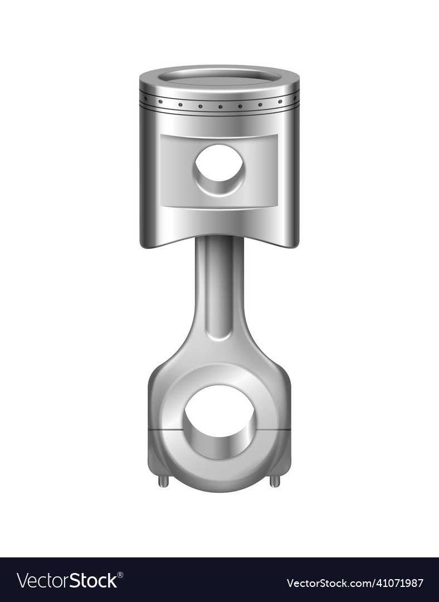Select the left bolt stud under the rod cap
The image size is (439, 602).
pos(163,480)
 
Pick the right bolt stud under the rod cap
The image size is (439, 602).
pos(275,480)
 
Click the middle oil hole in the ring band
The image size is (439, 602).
pos(219,106)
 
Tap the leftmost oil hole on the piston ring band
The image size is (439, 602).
pos(160,101)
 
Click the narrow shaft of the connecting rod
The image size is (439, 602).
pos(219,284)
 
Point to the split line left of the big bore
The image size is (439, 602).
pos(165,430)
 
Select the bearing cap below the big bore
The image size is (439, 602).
pos(219,474)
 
